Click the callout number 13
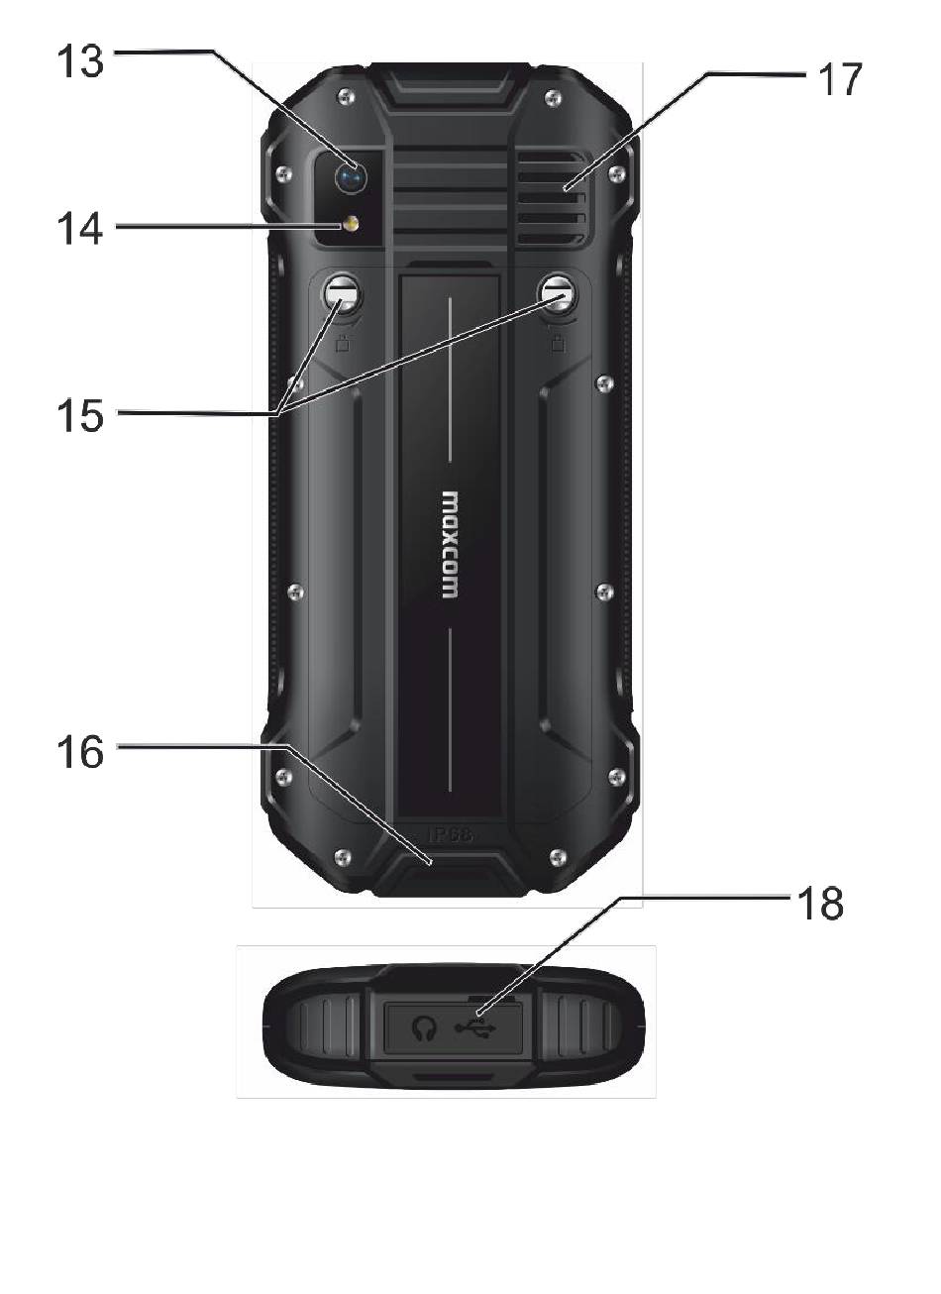tap(78, 61)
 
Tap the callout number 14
tap(78, 230)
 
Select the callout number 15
tap(78, 415)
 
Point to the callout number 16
tap(78, 751)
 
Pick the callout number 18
tap(818, 904)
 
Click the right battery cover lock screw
tap(559, 294)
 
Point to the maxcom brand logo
tap(449, 544)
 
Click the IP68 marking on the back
tap(451, 835)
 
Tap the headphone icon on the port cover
tap(425, 1031)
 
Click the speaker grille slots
tap(550, 199)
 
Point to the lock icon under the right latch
tap(559, 345)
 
